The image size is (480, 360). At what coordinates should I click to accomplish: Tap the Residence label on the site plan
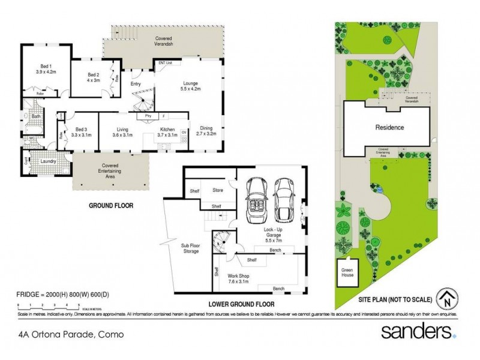coord(389,127)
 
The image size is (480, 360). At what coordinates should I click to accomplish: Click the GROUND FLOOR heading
coord(111,205)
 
